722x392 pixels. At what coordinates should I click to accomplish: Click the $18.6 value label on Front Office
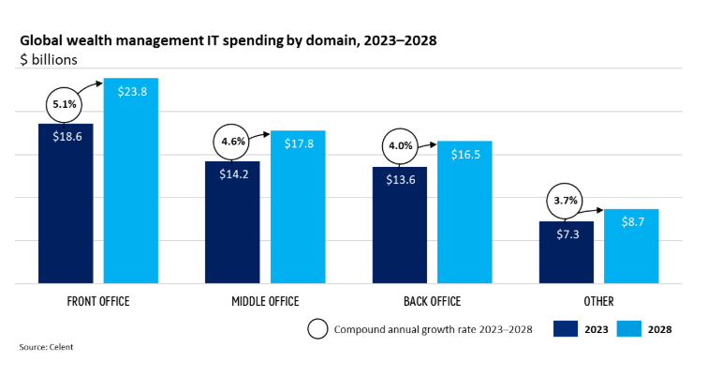coord(66,136)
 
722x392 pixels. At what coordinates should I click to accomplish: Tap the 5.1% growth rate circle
coord(65,104)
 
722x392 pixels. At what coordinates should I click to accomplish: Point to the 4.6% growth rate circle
coord(232,142)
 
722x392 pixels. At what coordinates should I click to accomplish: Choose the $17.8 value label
coord(298,143)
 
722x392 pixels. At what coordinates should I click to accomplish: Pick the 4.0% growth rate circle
coord(400,146)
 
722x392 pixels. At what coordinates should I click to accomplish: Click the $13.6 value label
coord(400,180)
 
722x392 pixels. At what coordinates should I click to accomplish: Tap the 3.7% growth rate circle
coord(567,201)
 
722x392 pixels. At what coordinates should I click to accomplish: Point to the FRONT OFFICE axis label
coord(98,301)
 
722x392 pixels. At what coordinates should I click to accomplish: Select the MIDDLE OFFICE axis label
coord(265,301)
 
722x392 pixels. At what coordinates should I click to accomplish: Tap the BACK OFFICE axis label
coord(433,301)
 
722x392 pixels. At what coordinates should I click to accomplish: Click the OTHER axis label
coord(598,301)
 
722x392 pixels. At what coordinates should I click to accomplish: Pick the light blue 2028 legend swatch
coord(630,328)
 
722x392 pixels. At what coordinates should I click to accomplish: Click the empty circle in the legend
coord(318,328)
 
